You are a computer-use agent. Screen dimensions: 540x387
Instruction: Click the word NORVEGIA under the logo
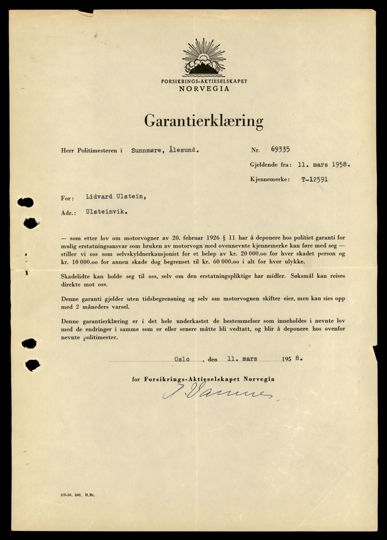204,89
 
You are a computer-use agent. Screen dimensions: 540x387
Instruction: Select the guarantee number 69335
280,150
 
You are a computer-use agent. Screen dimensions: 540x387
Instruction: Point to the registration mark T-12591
315,180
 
